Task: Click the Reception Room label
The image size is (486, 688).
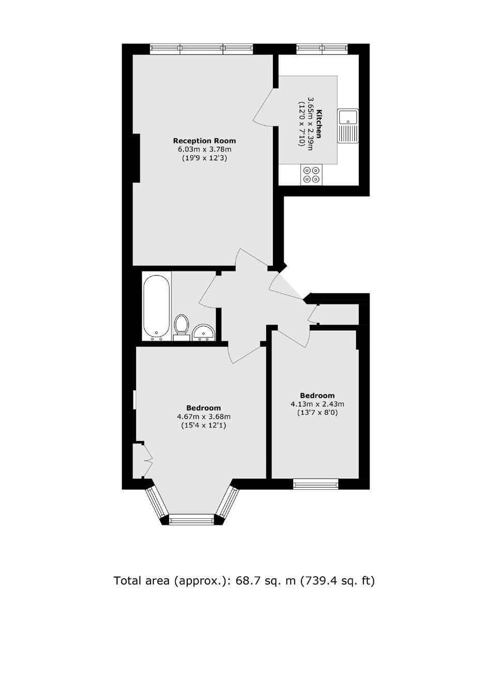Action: pyautogui.click(x=204, y=141)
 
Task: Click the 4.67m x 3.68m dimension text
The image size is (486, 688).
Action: pyautogui.click(x=203, y=417)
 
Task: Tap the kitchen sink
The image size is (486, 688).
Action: pyautogui.click(x=348, y=126)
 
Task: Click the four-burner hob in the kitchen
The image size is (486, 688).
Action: pyautogui.click(x=312, y=174)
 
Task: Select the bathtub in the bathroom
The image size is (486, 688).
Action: pyautogui.click(x=157, y=306)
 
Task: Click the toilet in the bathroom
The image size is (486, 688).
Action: pyautogui.click(x=181, y=327)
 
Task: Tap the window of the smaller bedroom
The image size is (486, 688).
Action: pyautogui.click(x=315, y=485)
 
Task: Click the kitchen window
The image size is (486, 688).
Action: pyautogui.click(x=322, y=49)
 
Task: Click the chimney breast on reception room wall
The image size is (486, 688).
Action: pyautogui.click(x=136, y=158)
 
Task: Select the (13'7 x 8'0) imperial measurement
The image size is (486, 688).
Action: pyautogui.click(x=317, y=413)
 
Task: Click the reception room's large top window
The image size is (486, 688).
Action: pyautogui.click(x=201, y=49)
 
